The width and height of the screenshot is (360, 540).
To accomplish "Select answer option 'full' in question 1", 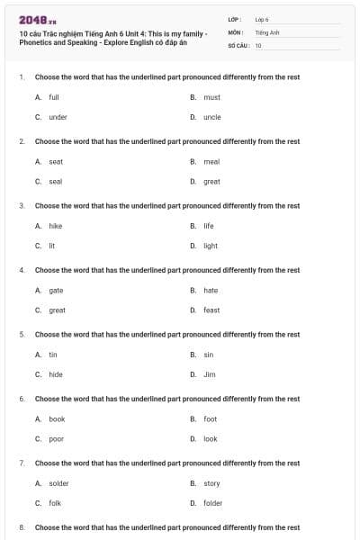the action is coord(53,97).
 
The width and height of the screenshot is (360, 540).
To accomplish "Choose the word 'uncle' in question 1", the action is coord(211,117).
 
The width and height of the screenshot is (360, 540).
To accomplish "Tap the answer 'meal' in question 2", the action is coord(211,162).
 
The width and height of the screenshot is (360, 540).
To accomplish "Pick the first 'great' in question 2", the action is coord(211,182).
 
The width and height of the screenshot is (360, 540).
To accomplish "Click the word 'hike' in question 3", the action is coord(55,226).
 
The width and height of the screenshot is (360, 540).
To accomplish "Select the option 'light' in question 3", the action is coord(211,246).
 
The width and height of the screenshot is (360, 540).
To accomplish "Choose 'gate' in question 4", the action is coord(56,291).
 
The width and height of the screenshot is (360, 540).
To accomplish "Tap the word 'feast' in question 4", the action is coord(211,310).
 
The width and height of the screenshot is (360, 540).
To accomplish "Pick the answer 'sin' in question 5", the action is coord(209,355).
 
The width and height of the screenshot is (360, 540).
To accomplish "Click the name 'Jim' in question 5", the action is coord(210,374).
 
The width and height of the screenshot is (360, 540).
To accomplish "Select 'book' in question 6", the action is coord(57,419).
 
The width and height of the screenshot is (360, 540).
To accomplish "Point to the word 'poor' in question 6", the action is coord(56,439).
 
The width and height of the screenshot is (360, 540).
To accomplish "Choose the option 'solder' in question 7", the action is coord(58,483).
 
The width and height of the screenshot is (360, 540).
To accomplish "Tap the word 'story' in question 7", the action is coord(211,483).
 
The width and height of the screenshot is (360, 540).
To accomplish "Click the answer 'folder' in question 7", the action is coord(212,503).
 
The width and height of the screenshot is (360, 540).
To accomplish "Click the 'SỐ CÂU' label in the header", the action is coord(238,45).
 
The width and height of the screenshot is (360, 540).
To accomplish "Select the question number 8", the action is coord(22,526).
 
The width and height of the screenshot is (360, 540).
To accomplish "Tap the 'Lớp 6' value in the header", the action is coord(262,19).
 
